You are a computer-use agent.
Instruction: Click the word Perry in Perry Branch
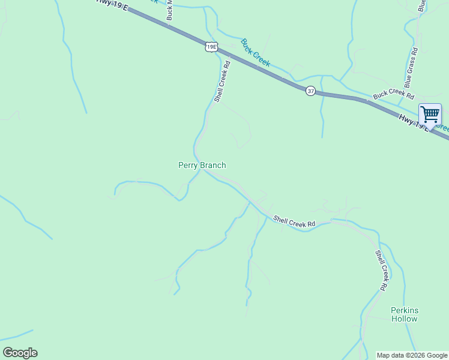(188, 165)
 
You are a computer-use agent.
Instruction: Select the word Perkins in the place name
(404, 310)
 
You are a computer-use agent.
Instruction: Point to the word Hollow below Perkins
(404, 319)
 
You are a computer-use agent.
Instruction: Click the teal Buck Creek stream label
(256, 53)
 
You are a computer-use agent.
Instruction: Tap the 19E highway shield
(211, 46)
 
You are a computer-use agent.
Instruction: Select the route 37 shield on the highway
(310, 91)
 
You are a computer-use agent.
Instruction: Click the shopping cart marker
(430, 114)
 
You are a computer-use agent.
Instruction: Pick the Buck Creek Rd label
(394, 95)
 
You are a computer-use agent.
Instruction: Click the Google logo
(20, 353)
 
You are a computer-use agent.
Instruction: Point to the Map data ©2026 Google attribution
(412, 355)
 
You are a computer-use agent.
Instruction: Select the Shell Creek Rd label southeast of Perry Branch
(294, 221)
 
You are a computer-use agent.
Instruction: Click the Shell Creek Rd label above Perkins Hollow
(380, 271)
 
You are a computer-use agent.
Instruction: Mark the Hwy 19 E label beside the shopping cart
(415, 122)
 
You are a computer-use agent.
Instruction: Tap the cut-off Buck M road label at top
(170, 10)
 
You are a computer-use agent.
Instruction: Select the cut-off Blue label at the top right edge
(421, 5)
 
